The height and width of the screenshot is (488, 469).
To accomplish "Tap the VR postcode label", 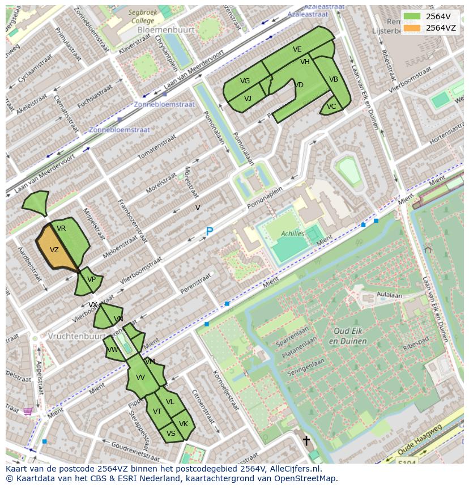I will (61, 228).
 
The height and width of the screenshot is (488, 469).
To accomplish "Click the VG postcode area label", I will (245, 81).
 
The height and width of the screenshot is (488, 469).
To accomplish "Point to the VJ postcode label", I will (248, 99).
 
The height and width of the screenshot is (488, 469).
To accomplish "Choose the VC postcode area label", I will (331, 107).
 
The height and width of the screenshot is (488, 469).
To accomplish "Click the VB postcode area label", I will (334, 79).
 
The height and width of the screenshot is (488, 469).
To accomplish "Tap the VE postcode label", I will (297, 49).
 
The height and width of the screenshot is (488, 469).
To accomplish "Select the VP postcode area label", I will (91, 279).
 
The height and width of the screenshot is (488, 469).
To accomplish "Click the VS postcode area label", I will (171, 434).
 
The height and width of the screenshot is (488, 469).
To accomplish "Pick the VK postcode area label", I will (184, 424).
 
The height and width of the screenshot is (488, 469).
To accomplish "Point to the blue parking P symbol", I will (209, 231).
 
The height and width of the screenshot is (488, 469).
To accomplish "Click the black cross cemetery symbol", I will (306, 440).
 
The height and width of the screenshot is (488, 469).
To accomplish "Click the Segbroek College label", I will (141, 16).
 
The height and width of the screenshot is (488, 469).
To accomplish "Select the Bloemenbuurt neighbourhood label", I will (168, 29).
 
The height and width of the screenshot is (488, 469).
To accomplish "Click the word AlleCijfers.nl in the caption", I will (295, 469).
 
